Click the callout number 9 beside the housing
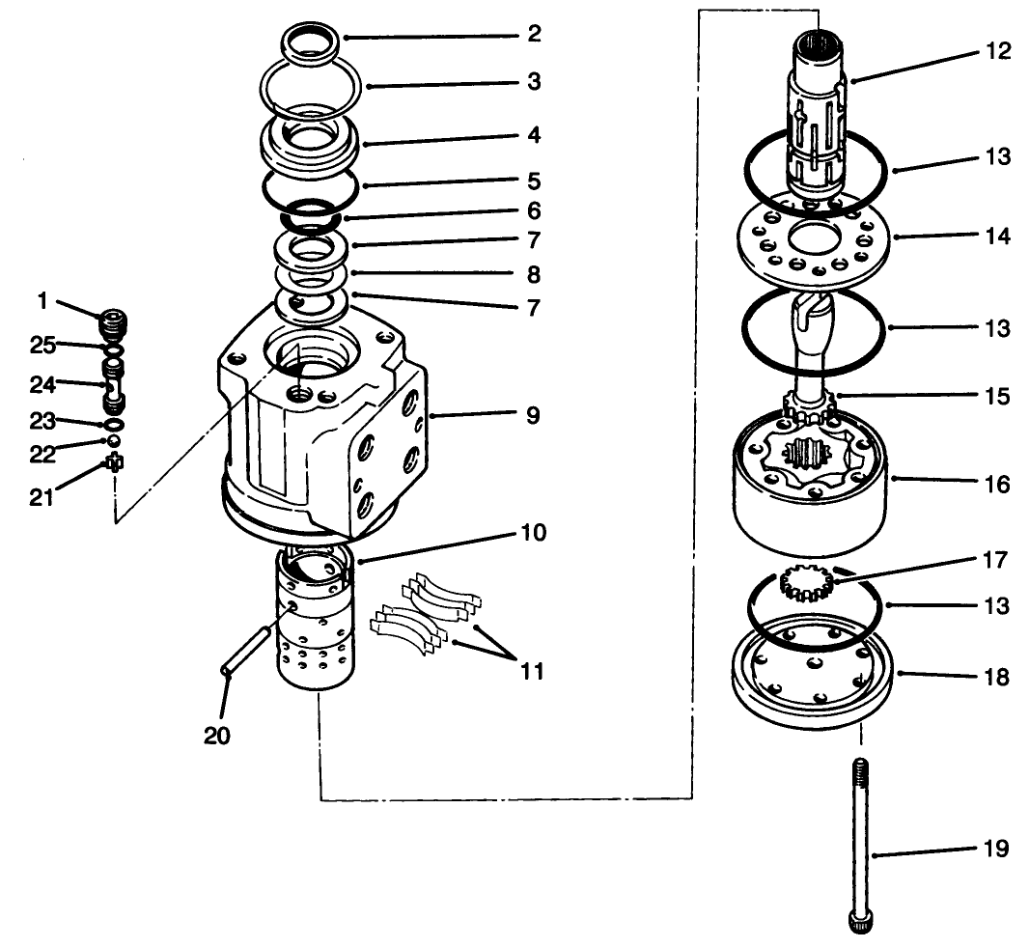tap(534, 416)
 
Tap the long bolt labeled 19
tap(860, 830)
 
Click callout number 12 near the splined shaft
tap(997, 51)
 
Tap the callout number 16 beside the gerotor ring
tap(997, 483)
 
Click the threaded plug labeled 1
tap(114, 321)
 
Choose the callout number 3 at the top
tap(534, 83)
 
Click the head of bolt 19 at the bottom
tap(860, 921)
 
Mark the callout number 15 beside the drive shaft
tap(997, 396)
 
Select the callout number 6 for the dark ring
tap(534, 209)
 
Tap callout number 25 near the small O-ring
tap(41, 344)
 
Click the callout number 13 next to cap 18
tap(997, 606)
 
